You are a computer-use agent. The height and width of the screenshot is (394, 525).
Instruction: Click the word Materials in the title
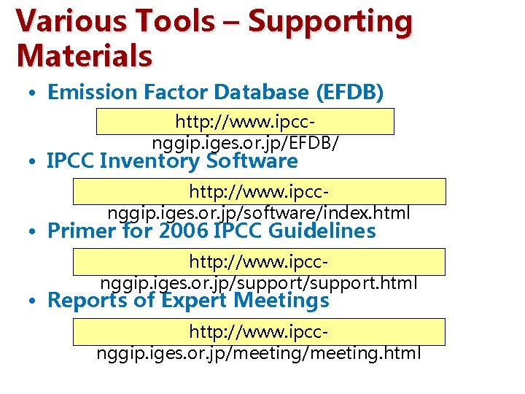click(x=84, y=56)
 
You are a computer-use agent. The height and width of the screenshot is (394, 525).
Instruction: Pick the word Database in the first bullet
click(x=248, y=93)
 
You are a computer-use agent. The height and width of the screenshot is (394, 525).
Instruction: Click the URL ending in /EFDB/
click(x=245, y=131)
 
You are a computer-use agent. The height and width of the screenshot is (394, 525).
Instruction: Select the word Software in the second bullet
click(x=252, y=161)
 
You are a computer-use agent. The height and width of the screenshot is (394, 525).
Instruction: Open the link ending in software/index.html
click(x=259, y=203)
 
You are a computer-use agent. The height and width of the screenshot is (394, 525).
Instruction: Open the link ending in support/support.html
click(x=259, y=272)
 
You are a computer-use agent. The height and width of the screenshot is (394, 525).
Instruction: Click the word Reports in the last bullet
click(x=87, y=300)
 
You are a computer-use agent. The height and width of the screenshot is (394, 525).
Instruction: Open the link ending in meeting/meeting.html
click(x=259, y=343)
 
